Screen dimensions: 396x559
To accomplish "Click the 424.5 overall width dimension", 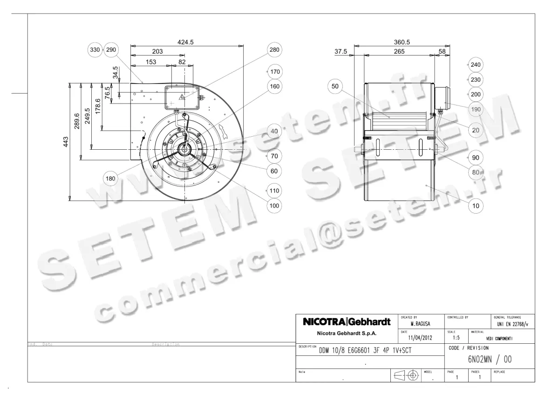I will click(x=185, y=42).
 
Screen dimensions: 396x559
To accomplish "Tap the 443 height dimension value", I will click(x=66, y=141).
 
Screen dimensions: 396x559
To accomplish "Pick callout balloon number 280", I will click(x=274, y=50).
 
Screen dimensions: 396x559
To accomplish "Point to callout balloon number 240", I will click(x=475, y=64).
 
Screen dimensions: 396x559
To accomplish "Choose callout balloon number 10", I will click(x=475, y=205).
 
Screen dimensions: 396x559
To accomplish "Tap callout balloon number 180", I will click(x=110, y=178).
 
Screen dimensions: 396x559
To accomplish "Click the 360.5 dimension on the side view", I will click(x=402, y=42).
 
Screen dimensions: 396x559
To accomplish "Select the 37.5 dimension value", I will click(x=341, y=52).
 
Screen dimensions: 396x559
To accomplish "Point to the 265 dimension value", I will click(x=399, y=52).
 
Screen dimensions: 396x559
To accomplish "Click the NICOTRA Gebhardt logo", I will click(x=347, y=322).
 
